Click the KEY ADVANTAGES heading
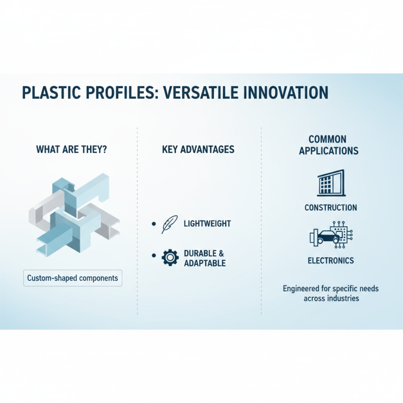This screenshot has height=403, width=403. tap(198, 150)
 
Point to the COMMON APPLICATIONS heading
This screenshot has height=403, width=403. tap(328, 145)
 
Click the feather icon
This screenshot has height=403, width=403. tap(168, 224)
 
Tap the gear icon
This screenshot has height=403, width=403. tap(170, 257)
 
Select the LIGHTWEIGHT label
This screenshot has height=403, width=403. tap(207, 224)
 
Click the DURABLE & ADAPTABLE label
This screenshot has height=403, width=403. tap(205, 258)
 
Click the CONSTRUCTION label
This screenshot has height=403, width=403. tap(330, 208)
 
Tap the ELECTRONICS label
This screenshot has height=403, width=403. tap(330, 260)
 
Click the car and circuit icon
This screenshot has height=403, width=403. tap(330, 235)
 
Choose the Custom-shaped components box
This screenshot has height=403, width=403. tap(73, 278)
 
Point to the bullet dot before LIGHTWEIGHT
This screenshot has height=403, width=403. tap(154, 224)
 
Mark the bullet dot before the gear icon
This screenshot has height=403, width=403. tap(154, 256)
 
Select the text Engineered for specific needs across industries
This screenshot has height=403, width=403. tap(330, 293)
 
